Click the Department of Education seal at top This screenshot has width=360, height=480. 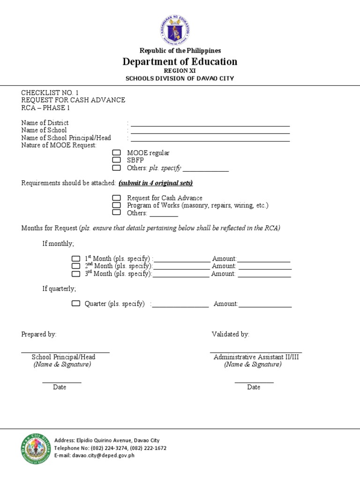[x=175, y=30]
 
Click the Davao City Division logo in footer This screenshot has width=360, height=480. [x=36, y=449]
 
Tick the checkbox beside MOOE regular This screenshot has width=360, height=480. [x=116, y=153]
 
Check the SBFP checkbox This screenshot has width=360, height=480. [x=116, y=160]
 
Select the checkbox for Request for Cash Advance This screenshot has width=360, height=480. [x=116, y=198]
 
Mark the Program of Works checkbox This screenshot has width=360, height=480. [x=116, y=205]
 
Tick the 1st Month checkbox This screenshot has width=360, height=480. [x=75, y=259]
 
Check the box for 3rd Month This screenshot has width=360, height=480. [x=75, y=274]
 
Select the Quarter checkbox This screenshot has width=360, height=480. [x=75, y=304]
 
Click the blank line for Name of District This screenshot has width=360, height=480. [x=210, y=124]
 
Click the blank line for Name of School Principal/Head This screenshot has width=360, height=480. [x=210, y=139]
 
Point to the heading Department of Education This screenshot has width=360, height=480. [x=180, y=62]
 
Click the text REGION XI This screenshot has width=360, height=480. [x=180, y=70]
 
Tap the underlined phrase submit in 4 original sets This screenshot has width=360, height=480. [x=156, y=183]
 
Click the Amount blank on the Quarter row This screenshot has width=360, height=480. [x=265, y=305]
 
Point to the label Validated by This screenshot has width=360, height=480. [x=230, y=334]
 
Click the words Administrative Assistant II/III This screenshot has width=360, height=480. [x=256, y=357]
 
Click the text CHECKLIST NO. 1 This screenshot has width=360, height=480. [x=53, y=93]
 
